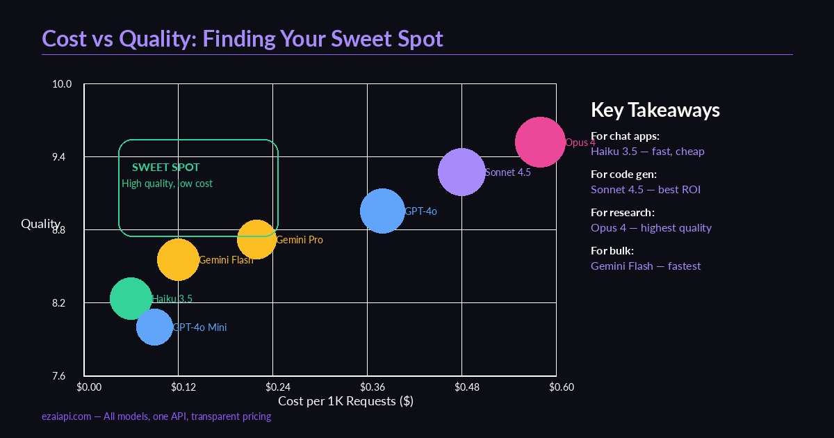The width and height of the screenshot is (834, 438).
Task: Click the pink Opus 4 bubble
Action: pyautogui.click(x=539, y=143)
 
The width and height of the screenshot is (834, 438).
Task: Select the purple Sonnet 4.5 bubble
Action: pyautogui.click(x=461, y=172)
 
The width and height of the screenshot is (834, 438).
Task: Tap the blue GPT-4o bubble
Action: pyautogui.click(x=382, y=211)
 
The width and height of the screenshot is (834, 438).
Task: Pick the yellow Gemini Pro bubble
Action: pyautogui.click(x=256, y=240)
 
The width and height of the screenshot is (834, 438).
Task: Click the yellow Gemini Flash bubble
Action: pyautogui.click(x=178, y=259)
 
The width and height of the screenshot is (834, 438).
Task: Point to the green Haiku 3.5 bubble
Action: pyautogui.click(x=131, y=298)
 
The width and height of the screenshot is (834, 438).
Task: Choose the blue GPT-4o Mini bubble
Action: pyautogui.click(x=154, y=327)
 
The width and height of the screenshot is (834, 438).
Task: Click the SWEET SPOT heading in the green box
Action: pyautogui.click(x=165, y=168)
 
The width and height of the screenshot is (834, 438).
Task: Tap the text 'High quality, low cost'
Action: pyautogui.click(x=167, y=184)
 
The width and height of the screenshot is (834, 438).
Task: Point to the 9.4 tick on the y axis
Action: pyautogui.click(x=63, y=157)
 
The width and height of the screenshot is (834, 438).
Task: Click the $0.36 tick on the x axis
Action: pyautogui.click(x=373, y=387)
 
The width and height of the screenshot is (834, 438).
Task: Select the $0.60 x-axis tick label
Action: pyautogui.click(x=562, y=387)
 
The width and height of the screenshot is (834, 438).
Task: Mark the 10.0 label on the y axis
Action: pyautogui.click(x=62, y=84)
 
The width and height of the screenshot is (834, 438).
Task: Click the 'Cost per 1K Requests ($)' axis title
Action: pyautogui.click(x=345, y=401)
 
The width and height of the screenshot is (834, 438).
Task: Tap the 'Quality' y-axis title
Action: pyautogui.click(x=40, y=223)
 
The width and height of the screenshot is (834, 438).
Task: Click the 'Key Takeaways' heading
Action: pyautogui.click(x=655, y=110)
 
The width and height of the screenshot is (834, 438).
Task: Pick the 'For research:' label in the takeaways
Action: pyautogui.click(x=622, y=213)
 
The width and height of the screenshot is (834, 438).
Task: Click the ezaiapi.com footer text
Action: pyautogui.click(x=156, y=416)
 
